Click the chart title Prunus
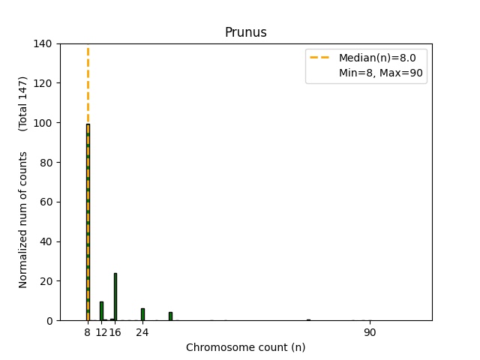point(245,32)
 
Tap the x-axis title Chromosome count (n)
point(245,347)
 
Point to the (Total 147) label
point(23,104)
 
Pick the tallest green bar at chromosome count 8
point(88,225)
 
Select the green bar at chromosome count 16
point(115,297)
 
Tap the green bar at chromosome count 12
point(101,311)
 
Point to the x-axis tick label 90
point(370,332)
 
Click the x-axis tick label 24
point(142,332)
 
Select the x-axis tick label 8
point(88,332)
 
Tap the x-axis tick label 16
point(115,332)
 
